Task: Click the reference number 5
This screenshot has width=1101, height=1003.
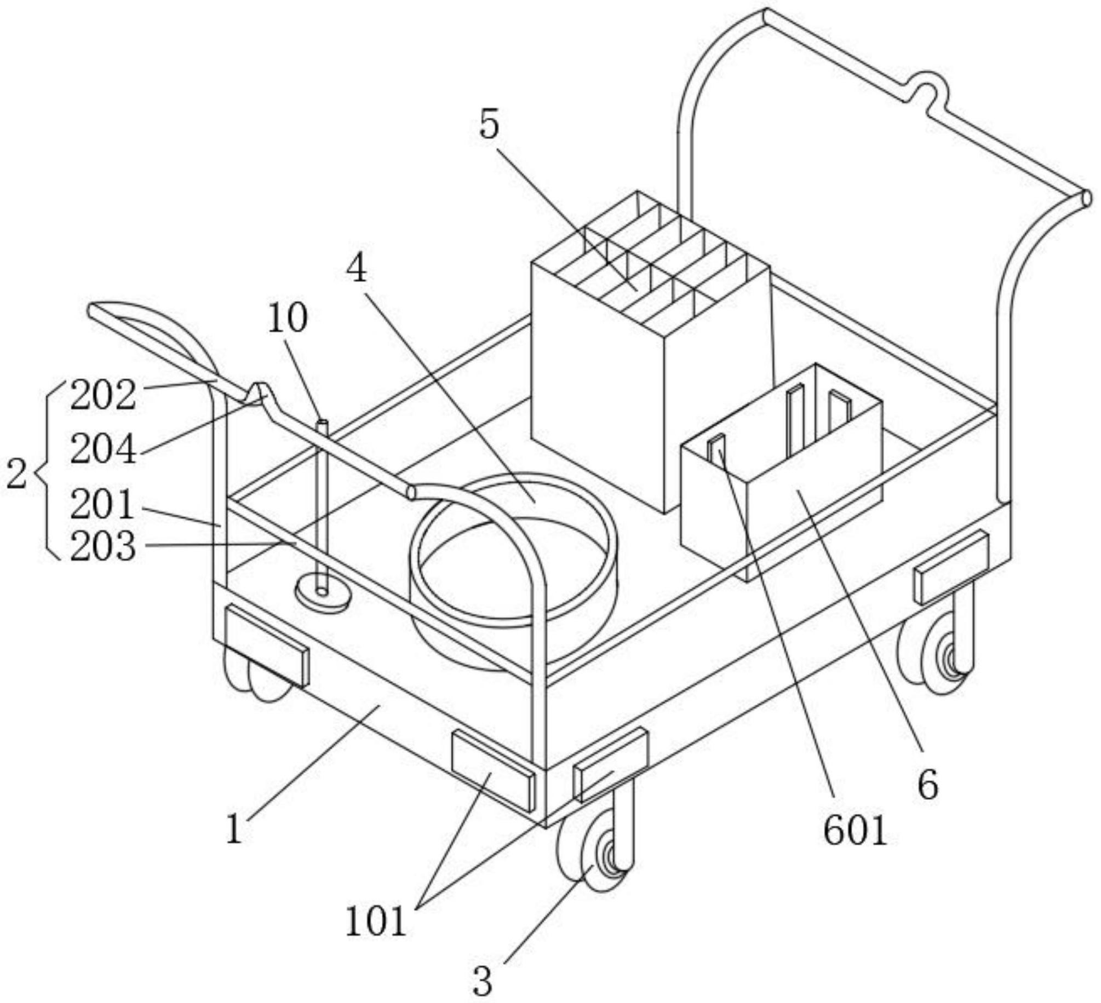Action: [x=489, y=125]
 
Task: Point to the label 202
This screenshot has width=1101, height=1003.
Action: [x=103, y=395]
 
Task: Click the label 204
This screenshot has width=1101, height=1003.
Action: [x=103, y=449]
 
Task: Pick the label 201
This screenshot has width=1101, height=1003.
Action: [x=102, y=504]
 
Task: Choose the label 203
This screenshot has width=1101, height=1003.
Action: [x=103, y=546]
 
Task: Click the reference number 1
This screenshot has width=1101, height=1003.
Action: [x=234, y=829]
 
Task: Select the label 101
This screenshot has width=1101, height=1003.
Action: [x=376, y=921]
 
